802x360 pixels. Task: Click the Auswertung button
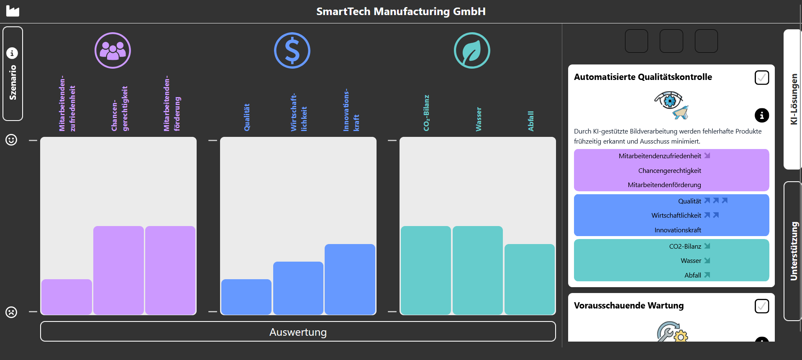pos(298,332)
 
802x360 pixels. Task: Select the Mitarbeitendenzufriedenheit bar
pos(67,296)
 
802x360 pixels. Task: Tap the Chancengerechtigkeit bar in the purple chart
pos(118,270)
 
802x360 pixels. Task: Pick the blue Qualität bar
pos(246,296)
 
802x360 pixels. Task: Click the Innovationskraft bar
pos(350,279)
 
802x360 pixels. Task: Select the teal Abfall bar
pos(529,279)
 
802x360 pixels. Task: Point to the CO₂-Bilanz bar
pos(425,270)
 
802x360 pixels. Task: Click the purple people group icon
pos(113,51)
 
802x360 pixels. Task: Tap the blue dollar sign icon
pos(292,51)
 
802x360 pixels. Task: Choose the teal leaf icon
pos(472,51)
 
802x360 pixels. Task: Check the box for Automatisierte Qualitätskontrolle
pos(761,77)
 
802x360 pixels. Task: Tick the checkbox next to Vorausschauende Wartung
pos(761,306)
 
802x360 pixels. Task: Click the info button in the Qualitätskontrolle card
pos(761,115)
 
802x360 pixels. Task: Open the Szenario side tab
pos(13,74)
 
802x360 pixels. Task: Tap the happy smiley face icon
pos(11,140)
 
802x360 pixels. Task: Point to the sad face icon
pos(11,312)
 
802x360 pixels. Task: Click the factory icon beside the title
pos(13,11)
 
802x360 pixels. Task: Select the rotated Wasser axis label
pos(479,119)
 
